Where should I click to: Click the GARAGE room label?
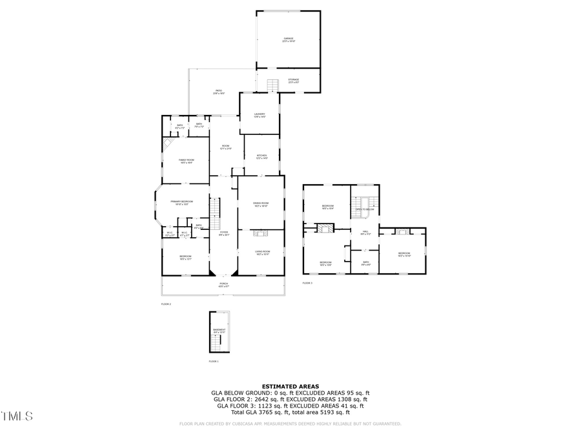[x=288, y=39]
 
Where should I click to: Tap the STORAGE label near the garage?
[x=294, y=80]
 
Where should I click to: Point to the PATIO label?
[x=219, y=91]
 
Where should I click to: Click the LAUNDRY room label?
[x=260, y=114]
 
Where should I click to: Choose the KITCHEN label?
[x=261, y=156]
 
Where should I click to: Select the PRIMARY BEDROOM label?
[x=182, y=202]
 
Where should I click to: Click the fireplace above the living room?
[x=260, y=233]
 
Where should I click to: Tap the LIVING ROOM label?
[x=261, y=251]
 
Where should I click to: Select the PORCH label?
[x=223, y=284]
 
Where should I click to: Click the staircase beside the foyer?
[x=216, y=209]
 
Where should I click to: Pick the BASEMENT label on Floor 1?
[x=219, y=329]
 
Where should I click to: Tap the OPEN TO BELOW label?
[x=365, y=209]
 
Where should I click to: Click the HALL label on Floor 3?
[x=365, y=232]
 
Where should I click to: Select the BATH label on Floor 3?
[x=365, y=263]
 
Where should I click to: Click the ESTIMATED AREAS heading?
[x=290, y=386]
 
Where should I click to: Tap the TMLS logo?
[x=17, y=417]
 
